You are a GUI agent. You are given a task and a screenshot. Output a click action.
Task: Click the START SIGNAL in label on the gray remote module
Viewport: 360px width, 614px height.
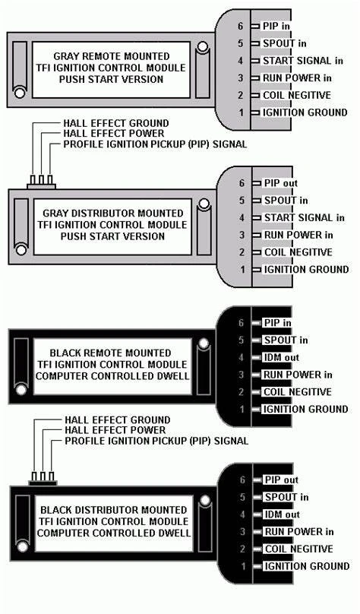coord(303,61)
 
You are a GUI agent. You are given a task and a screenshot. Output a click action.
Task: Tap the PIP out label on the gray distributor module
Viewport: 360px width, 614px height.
coord(281,183)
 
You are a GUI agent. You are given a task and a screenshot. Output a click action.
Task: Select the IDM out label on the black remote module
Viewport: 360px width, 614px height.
coord(281,357)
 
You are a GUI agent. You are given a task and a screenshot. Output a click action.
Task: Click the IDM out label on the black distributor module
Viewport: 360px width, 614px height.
coord(282,514)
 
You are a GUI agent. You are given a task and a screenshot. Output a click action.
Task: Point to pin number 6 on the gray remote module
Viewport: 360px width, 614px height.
coord(240,26)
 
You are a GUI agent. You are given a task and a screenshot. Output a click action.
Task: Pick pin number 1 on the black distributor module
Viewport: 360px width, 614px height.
coord(244,566)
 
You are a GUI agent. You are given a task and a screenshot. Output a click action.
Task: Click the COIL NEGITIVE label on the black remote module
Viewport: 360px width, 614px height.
coord(298,392)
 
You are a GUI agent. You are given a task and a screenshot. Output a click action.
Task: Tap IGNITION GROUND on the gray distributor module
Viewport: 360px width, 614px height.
coord(306,270)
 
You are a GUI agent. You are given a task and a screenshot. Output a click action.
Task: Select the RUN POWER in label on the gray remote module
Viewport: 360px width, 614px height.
coord(297,78)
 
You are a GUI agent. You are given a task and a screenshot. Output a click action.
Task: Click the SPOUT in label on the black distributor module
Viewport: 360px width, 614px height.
coord(287,497)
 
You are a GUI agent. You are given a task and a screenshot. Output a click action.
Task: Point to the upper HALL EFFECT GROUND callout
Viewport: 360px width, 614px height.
coord(116,123)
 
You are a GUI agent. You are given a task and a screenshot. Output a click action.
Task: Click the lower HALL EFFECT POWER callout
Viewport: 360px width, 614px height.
coord(115,430)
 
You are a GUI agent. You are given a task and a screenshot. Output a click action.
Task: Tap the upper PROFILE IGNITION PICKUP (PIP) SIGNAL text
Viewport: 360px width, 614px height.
coord(155,144)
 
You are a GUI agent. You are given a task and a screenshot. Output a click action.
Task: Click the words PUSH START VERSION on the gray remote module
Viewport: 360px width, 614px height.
coord(111,79)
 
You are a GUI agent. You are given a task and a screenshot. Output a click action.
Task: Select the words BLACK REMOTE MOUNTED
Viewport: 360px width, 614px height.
coord(110,353)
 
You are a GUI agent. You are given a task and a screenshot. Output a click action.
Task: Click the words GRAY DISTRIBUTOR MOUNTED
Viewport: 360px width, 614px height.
coord(112,214)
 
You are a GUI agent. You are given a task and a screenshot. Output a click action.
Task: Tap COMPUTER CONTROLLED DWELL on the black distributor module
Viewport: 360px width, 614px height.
coord(114,533)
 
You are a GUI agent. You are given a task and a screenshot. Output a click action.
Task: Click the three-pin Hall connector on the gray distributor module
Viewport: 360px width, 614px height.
coord(41,182)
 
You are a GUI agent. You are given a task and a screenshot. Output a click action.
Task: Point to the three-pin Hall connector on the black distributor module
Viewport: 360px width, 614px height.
coord(43,479)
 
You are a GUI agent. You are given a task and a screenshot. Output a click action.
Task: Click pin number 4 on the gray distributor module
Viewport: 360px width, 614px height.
coord(242,218)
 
